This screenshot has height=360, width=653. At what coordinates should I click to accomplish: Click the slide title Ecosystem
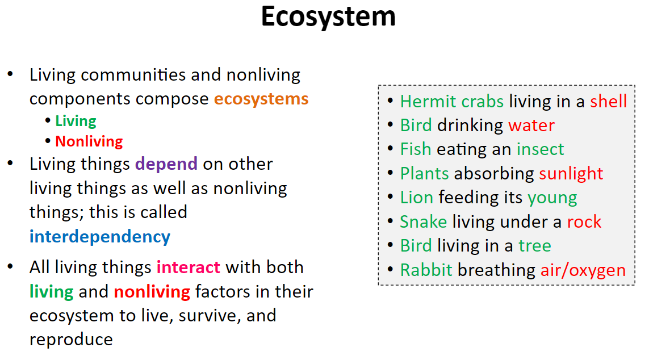(328, 18)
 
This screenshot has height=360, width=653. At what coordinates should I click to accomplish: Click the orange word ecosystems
(261, 99)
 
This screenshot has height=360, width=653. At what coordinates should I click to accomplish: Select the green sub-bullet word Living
(76, 122)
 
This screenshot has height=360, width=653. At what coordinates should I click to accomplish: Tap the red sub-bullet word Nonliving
(89, 141)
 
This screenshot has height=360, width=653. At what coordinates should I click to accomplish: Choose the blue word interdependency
(100, 237)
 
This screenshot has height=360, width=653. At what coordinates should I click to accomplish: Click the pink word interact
(189, 267)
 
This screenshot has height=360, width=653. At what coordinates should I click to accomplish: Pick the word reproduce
(71, 340)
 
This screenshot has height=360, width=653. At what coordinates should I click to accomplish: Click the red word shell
(608, 101)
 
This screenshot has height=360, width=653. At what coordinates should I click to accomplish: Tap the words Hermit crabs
(452, 102)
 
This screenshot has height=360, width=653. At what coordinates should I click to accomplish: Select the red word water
(531, 125)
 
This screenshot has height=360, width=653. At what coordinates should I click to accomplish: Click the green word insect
(540, 149)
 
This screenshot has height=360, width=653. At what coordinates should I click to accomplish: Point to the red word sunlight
(571, 174)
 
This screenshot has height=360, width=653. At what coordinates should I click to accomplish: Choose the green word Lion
(417, 198)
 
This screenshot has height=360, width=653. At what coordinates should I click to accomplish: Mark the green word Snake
(424, 221)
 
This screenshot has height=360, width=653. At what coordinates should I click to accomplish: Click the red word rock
(584, 221)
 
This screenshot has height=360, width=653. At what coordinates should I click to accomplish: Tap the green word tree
(535, 246)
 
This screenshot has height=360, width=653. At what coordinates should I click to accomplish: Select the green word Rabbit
(426, 270)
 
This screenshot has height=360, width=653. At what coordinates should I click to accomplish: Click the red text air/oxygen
(583, 270)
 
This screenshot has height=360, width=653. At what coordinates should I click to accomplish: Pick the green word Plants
(424, 173)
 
